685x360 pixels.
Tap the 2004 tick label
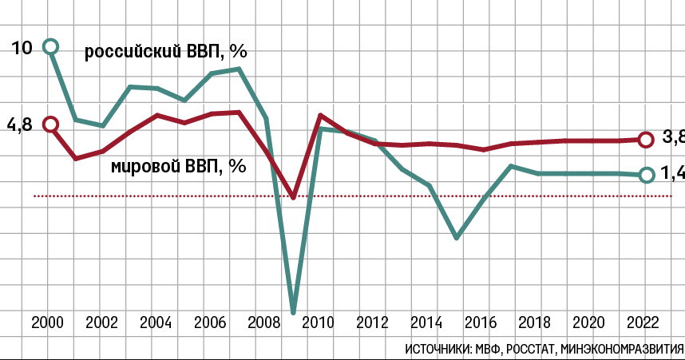155,323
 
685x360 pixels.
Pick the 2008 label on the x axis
263,323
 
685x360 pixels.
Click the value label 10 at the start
22,48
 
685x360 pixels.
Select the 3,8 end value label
673,138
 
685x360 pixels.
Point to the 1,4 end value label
673,174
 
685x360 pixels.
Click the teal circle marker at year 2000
51,47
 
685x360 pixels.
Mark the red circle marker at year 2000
51,125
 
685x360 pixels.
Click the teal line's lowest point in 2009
294,311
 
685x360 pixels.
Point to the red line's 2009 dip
294,196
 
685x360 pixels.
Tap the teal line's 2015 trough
456,237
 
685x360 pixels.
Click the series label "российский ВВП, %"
166,53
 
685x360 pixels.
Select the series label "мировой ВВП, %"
176,166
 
